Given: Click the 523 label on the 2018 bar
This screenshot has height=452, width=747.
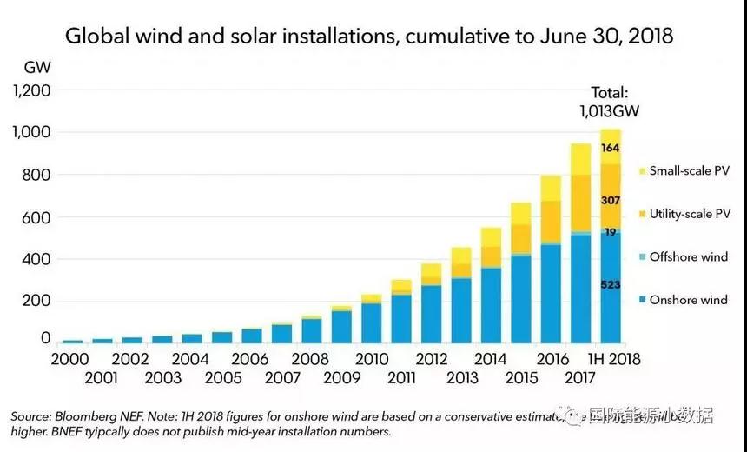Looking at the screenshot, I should [610, 284].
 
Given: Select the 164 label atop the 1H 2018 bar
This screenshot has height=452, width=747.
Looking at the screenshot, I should [610, 148].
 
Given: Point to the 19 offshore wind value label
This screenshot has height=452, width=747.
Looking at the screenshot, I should [610, 232].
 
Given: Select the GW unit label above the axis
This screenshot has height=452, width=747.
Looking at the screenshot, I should [37, 67].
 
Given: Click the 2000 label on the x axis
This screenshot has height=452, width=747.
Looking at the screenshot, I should [72, 359].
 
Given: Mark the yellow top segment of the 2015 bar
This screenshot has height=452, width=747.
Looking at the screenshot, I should [519, 214].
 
